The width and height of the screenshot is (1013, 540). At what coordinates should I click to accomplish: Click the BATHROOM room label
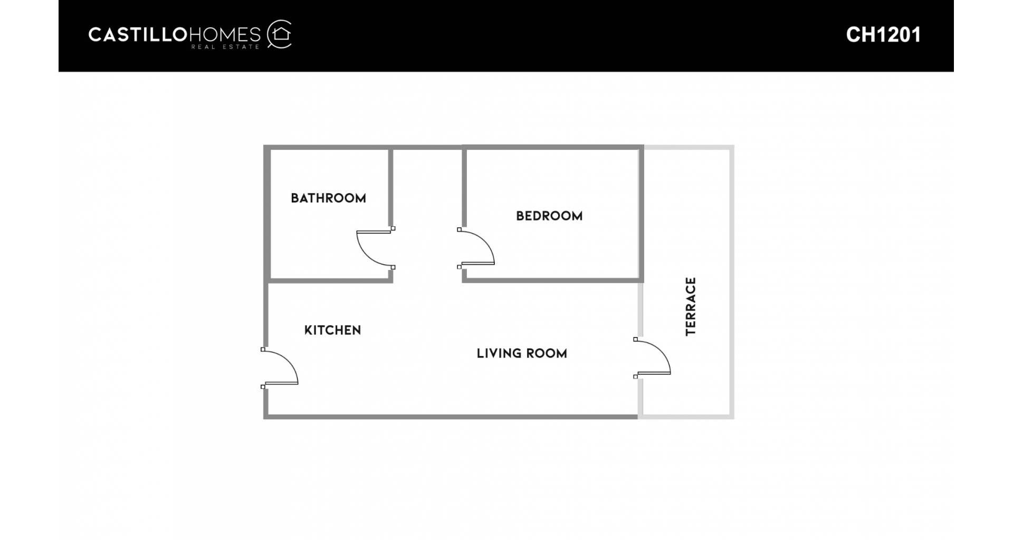point(328,198)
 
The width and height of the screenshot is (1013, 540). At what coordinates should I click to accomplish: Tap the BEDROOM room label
point(549,216)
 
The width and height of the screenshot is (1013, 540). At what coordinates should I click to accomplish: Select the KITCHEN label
point(332,331)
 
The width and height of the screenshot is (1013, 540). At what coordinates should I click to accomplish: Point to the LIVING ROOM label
point(522,354)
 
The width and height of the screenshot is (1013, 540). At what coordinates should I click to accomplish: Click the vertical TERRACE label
point(691,306)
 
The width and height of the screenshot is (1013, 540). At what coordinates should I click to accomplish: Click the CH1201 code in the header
point(883,35)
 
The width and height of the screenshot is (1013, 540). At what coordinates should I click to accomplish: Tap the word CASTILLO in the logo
point(138,35)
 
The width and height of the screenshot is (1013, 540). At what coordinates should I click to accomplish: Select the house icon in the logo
point(280,34)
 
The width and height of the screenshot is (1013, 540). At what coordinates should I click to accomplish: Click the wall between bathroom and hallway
point(391,187)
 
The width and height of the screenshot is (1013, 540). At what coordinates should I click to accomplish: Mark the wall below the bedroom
point(552,281)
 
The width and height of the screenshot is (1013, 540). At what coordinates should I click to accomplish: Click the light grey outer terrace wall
point(732,282)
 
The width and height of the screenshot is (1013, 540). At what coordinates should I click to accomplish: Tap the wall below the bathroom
point(331,281)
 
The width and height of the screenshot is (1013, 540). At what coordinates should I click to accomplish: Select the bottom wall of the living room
point(451,417)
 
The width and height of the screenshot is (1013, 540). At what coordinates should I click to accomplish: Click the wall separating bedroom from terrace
point(641,214)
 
